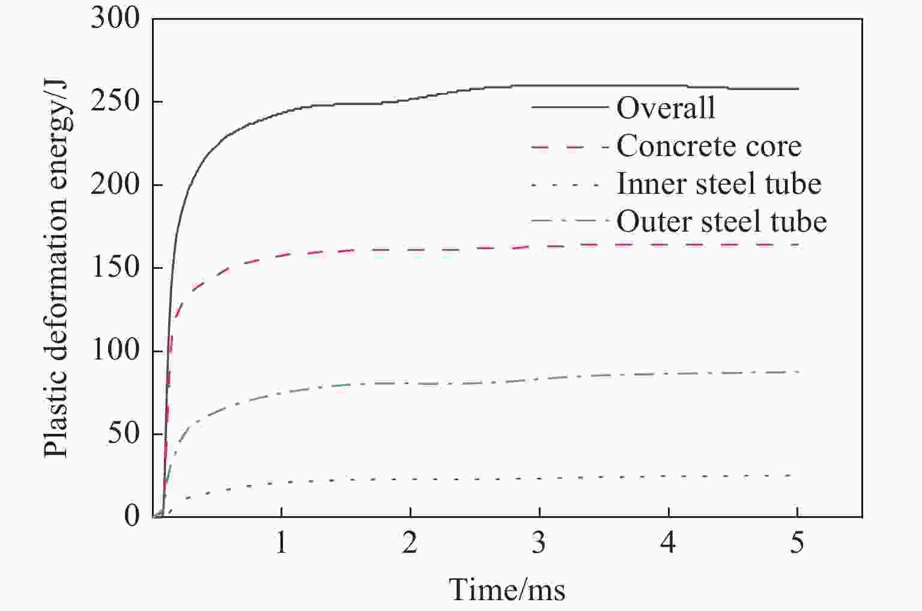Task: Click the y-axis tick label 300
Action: coord(115,19)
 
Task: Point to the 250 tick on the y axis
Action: coord(115,102)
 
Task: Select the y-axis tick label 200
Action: coord(115,185)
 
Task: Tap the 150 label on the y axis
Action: coord(115,268)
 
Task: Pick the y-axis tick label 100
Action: coord(115,351)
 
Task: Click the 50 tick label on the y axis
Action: coord(124,433)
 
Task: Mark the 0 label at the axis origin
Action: coord(132,516)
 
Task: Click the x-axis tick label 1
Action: coord(281,543)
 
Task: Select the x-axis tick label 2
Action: coord(410,543)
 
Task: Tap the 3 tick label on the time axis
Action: coord(539,543)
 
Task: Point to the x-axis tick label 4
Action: coord(668,543)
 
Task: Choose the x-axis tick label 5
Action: coord(797,543)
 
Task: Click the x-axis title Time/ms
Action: coord(508,589)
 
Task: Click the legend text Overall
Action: coord(666,108)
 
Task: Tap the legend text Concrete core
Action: coord(709,146)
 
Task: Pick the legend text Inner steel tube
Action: coord(719,184)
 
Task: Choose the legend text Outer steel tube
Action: coord(721,221)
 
